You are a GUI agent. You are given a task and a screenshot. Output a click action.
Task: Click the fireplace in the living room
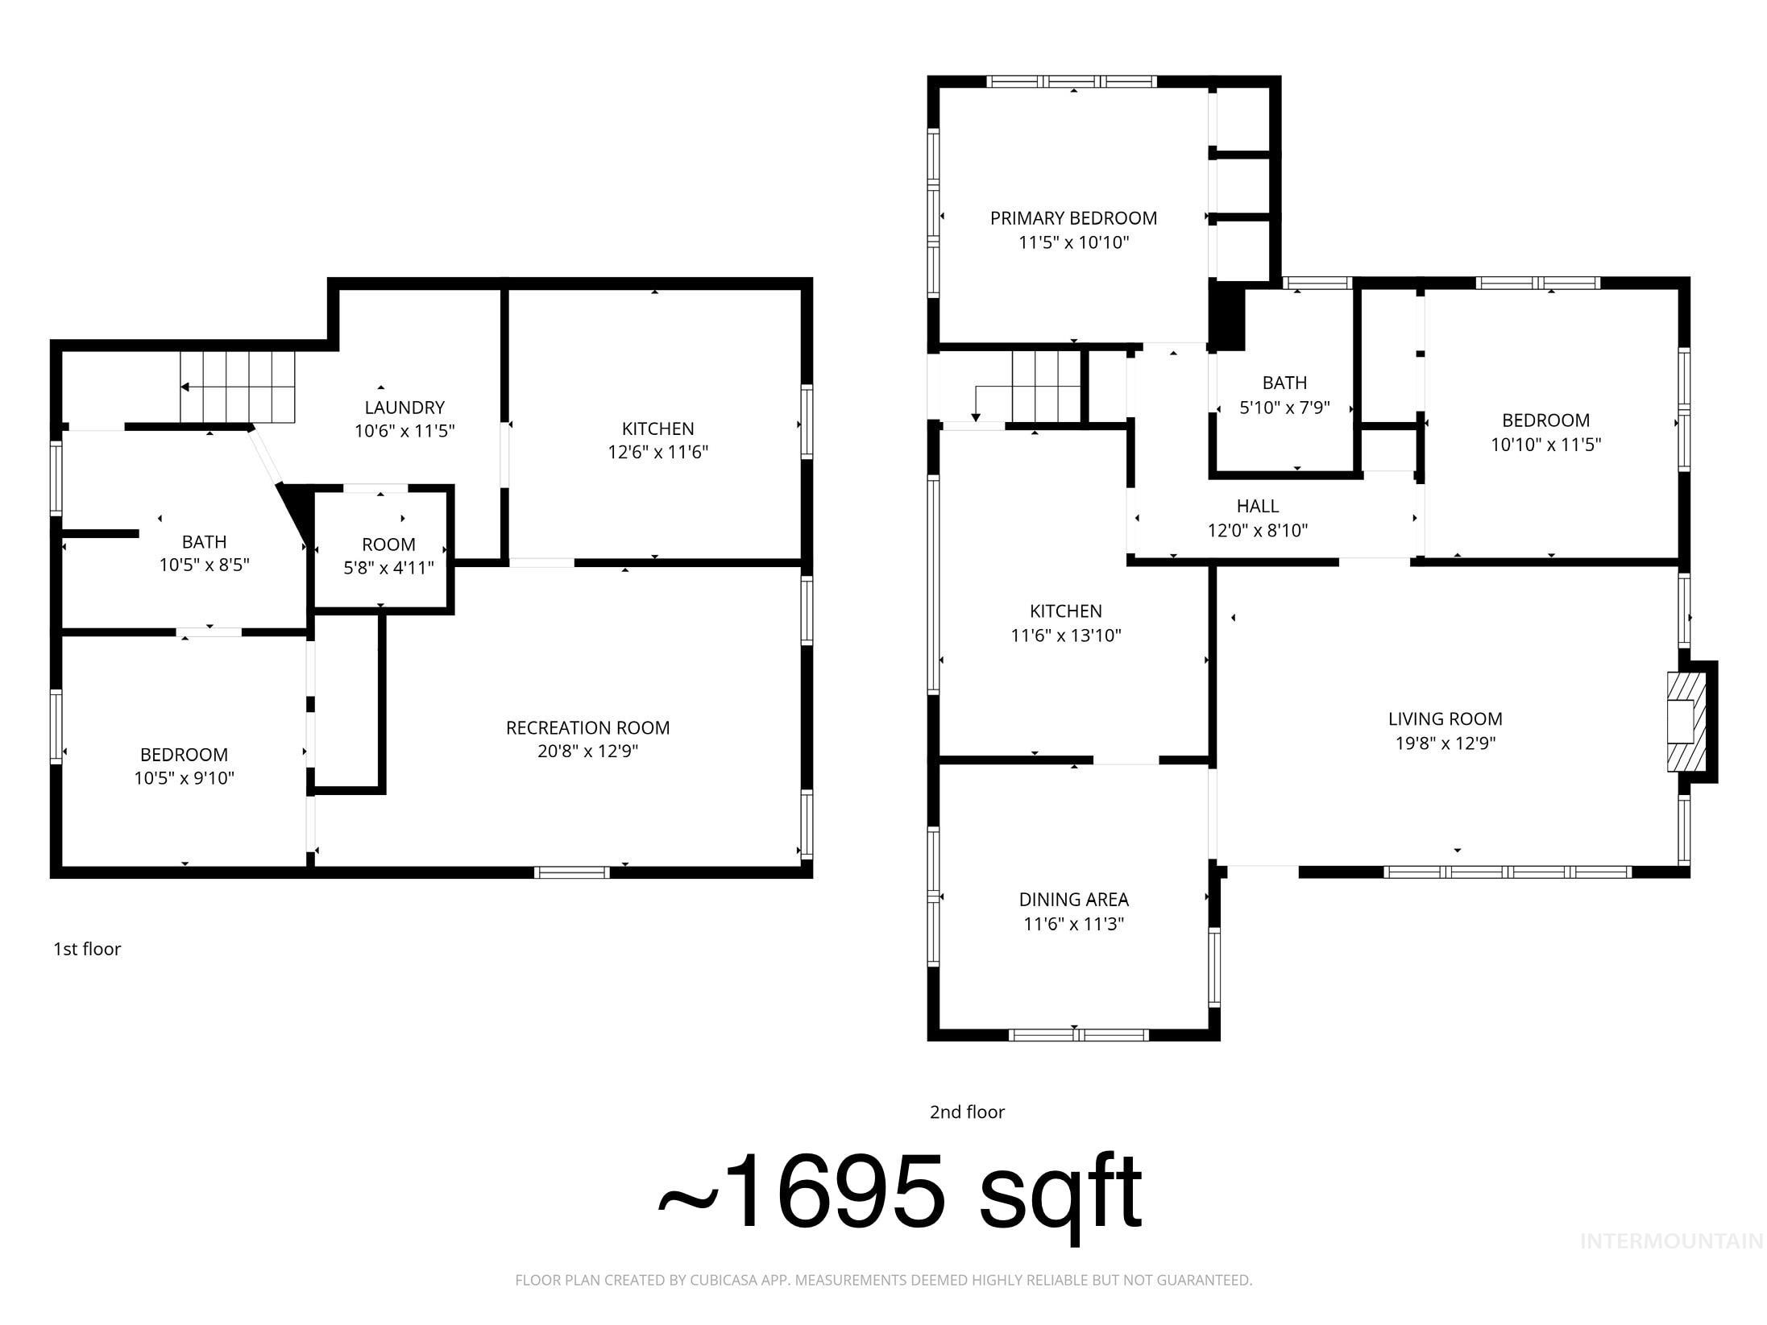[1686, 721]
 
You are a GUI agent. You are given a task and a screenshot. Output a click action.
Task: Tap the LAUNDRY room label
[404, 408]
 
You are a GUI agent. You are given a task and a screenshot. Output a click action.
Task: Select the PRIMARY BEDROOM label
[1073, 218]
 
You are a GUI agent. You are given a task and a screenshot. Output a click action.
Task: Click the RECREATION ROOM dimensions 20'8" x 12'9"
[587, 752]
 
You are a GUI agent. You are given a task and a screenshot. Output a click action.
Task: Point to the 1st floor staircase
[237, 387]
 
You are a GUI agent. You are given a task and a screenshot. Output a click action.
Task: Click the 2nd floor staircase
[1045, 387]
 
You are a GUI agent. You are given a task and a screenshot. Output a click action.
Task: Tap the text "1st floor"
[87, 949]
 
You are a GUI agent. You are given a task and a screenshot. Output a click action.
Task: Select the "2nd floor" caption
[967, 1112]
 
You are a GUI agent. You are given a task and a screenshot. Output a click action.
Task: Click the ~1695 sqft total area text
[899, 1194]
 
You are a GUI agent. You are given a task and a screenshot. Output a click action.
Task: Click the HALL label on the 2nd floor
[1258, 507]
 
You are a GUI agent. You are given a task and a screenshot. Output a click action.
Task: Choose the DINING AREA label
[1073, 900]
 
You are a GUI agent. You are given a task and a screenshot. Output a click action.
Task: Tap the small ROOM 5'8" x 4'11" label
[388, 544]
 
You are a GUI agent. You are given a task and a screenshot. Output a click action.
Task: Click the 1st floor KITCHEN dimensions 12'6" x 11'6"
[657, 453]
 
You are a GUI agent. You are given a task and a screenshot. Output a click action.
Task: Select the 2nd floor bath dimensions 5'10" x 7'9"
[1284, 408]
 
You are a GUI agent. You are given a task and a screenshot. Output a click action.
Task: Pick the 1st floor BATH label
[204, 542]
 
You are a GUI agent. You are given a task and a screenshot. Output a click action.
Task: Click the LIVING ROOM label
[1445, 719]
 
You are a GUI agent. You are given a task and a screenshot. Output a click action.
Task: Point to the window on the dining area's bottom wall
[1078, 1035]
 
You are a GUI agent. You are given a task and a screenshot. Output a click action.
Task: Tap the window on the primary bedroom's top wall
[1072, 81]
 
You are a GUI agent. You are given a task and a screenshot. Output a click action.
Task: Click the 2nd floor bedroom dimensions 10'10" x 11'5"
[1545, 445]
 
